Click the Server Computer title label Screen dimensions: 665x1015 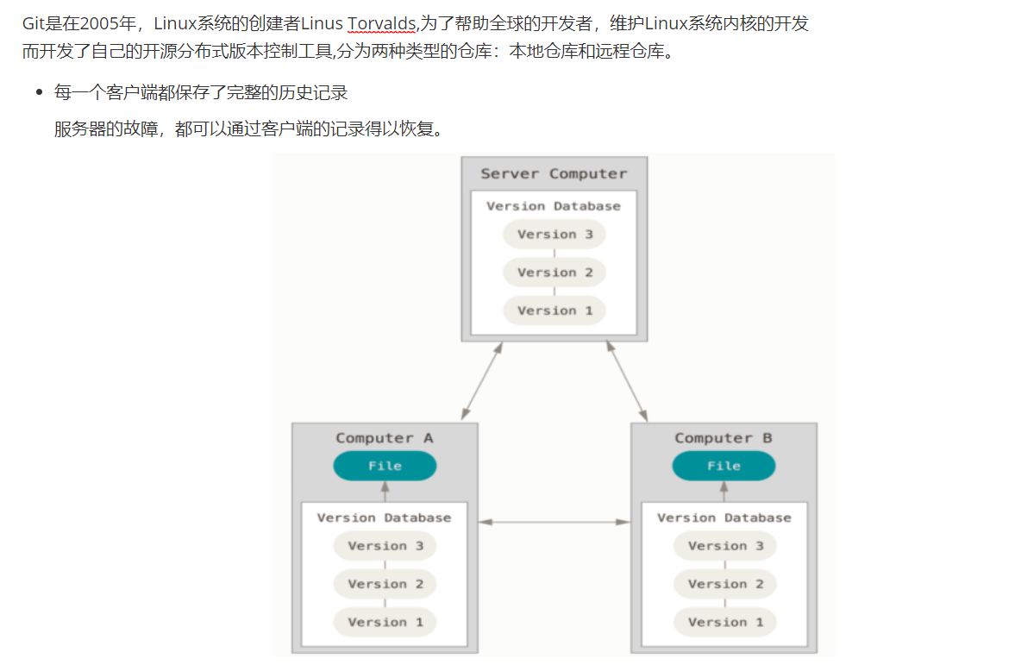[554, 174]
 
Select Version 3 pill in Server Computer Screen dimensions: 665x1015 [554, 235]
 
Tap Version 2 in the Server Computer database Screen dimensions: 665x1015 [554, 273]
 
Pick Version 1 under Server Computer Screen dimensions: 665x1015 [554, 311]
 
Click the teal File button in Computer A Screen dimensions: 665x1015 [385, 466]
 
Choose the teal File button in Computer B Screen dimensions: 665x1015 [724, 466]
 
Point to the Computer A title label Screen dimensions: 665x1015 [385, 438]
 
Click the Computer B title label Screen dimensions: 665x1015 [724, 438]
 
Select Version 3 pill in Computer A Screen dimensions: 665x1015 [385, 546]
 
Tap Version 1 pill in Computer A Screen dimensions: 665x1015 [385, 622]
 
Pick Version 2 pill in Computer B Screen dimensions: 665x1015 [725, 584]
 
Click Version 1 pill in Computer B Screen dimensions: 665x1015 [725, 622]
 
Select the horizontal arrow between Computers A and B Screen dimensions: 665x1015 [554, 522]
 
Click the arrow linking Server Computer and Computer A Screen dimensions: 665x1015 [482, 381]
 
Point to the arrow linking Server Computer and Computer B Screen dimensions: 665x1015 [626, 381]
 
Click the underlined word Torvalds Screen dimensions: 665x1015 [381, 24]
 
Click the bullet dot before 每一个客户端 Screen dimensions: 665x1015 [39, 92]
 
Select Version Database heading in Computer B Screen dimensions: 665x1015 [724, 518]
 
